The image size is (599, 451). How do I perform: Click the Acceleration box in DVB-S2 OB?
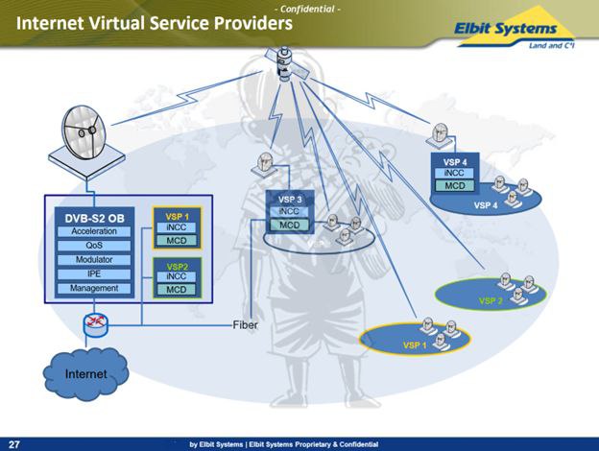(x=94, y=231)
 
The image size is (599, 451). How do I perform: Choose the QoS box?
(x=94, y=246)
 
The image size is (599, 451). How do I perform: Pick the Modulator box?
(x=94, y=260)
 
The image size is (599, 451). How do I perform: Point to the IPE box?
(x=94, y=273)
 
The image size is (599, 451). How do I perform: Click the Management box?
(x=94, y=288)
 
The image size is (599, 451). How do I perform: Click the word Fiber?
(x=245, y=325)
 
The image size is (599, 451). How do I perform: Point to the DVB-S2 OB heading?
(x=94, y=217)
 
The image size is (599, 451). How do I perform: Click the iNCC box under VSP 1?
(x=177, y=227)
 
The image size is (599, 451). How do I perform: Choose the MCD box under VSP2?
(x=177, y=289)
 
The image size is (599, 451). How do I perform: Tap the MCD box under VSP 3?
(x=290, y=225)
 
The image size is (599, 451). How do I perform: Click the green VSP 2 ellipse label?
(x=491, y=300)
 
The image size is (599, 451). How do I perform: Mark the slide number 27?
(x=14, y=443)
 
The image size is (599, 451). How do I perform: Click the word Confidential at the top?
(x=307, y=9)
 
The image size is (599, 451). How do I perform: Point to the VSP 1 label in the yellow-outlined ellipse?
(x=415, y=344)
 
